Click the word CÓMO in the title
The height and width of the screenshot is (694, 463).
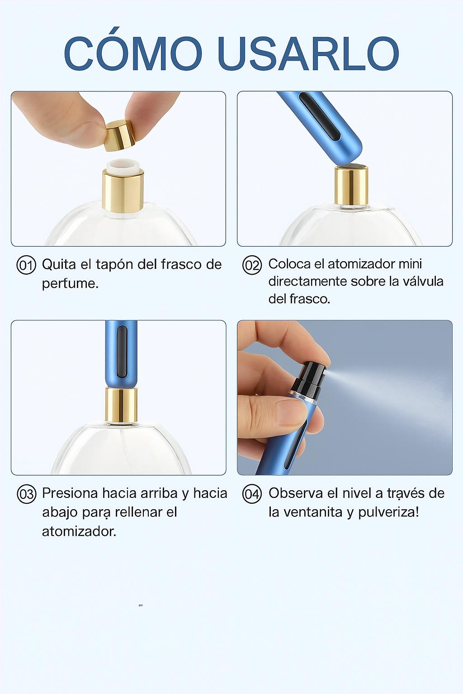tap(133, 53)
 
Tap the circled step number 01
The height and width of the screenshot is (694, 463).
tap(26, 265)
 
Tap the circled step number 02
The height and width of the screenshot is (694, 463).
tap(252, 265)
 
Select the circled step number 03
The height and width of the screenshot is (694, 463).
tap(26, 494)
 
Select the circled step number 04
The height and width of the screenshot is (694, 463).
tap(252, 494)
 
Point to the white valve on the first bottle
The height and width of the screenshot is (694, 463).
tap(123, 166)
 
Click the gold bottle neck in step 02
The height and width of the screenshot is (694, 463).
tap(351, 186)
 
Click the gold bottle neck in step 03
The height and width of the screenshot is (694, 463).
tap(121, 405)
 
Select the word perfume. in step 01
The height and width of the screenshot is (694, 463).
tap(70, 284)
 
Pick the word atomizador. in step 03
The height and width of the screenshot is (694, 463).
tap(79, 531)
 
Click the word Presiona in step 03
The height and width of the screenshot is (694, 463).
tap(70, 493)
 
